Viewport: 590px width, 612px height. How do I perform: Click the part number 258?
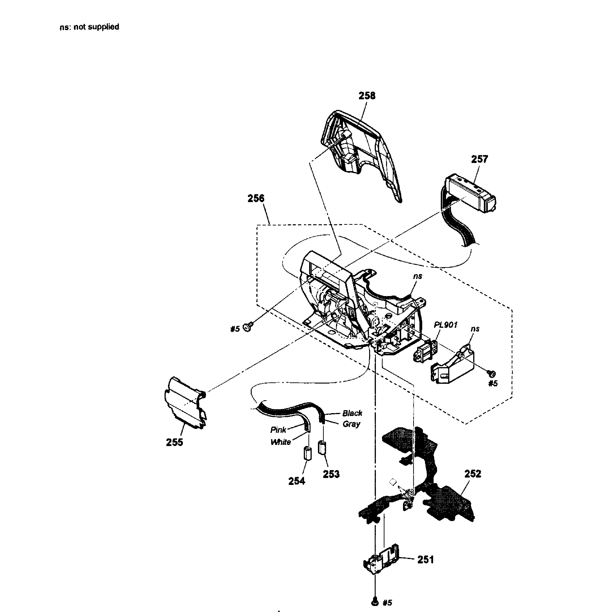[x=367, y=96]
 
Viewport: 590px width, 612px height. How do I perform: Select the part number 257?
[x=479, y=159]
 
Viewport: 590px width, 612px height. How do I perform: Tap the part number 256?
[x=256, y=198]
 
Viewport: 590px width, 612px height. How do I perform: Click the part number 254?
[x=297, y=481]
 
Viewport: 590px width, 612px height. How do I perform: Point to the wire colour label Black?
[x=352, y=413]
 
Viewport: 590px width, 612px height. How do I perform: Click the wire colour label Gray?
[x=352, y=424]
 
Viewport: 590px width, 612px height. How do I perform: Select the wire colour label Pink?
[x=278, y=430]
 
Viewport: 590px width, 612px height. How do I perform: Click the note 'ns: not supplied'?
[x=89, y=27]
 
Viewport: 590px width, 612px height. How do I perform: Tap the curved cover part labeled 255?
[x=185, y=403]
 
